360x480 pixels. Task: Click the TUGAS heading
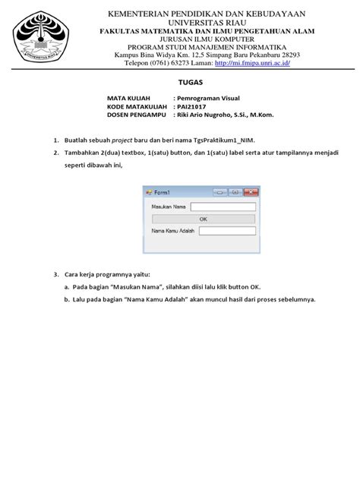point(180,83)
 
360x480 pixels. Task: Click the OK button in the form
point(203,218)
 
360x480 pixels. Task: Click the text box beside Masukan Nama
point(223,206)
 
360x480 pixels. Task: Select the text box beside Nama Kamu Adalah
point(227,231)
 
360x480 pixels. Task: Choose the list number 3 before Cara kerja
point(55,273)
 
